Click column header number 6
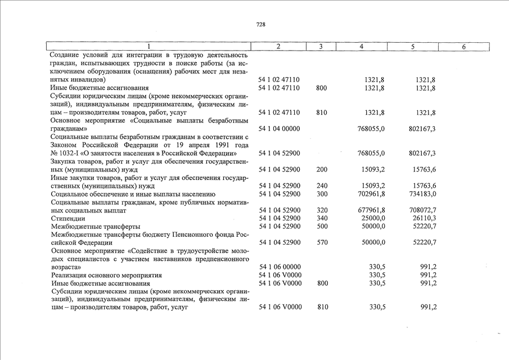[x=463, y=47]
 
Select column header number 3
[x=319, y=47]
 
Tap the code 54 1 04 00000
[x=279, y=129]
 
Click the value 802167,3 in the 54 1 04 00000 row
[x=424, y=129]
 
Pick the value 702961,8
[x=371, y=194]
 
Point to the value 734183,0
[x=424, y=194]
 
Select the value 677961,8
[x=371, y=210]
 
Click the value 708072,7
[x=424, y=210]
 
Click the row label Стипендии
[x=67, y=218]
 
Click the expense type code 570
[x=321, y=242]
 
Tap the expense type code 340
[x=321, y=218]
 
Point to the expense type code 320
[x=321, y=210]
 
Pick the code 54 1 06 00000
[x=279, y=267]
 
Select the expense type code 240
[x=321, y=186]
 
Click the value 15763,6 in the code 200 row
[x=426, y=169]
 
